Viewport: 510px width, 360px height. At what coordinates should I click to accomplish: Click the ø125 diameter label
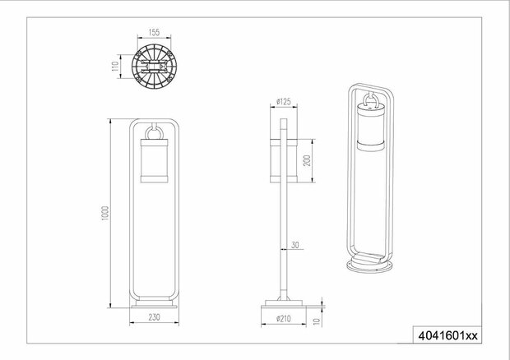(x=284, y=103)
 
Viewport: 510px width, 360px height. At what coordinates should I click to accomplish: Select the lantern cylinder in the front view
(x=155, y=162)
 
